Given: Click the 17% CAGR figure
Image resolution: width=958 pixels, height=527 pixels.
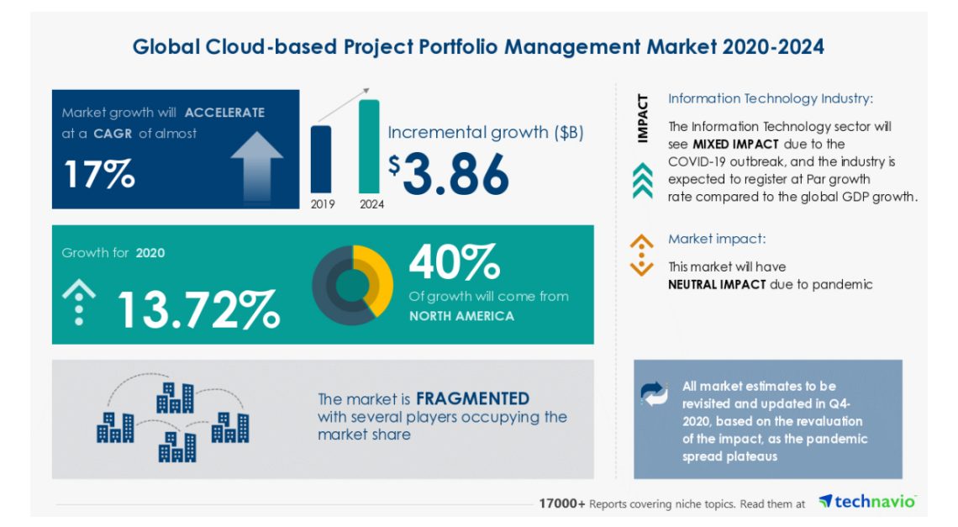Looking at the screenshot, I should click(x=99, y=173).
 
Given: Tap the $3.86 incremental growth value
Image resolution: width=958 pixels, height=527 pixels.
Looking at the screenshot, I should click(x=449, y=173).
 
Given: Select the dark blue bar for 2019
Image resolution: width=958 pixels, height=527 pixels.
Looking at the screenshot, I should click(x=320, y=160).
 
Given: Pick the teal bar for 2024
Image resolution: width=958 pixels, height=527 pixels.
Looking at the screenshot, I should click(x=369, y=146).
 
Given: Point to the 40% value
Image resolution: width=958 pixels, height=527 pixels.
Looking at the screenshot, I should click(x=455, y=262).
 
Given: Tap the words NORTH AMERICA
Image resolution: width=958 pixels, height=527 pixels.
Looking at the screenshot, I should click(x=461, y=316).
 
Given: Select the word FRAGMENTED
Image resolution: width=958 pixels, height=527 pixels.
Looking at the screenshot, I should click(x=472, y=398).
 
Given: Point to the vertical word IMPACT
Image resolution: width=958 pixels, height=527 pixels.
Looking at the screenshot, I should click(x=643, y=119).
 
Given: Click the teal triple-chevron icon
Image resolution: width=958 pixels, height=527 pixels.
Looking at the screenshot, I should click(x=642, y=181).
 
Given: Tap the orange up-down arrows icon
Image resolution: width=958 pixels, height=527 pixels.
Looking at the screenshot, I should click(x=641, y=255).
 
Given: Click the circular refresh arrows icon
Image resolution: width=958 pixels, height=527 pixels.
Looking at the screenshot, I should click(x=655, y=393).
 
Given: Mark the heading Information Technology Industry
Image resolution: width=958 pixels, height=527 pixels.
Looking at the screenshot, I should click(x=770, y=98).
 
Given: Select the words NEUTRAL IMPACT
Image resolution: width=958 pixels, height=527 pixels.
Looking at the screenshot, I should click(x=717, y=284).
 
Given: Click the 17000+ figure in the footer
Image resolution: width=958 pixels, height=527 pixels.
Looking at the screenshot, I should click(x=562, y=503).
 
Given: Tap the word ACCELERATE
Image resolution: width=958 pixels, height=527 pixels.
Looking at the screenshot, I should click(x=224, y=113).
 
